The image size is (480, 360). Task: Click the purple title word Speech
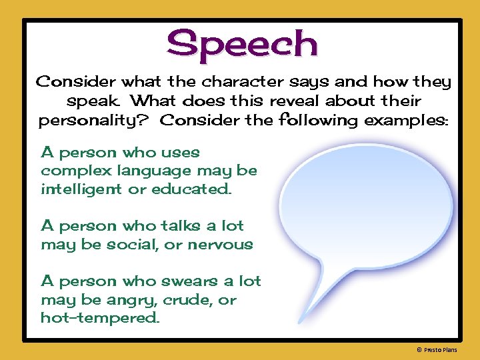tap(243, 44)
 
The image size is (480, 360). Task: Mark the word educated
tap(192, 189)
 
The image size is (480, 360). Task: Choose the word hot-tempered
tap(100, 318)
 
